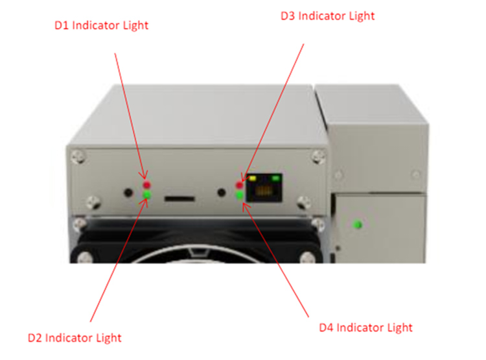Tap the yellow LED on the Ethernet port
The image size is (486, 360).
(253, 178)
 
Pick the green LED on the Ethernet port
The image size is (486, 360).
(277, 178)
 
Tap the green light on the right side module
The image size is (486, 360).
(356, 226)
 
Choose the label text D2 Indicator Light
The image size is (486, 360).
(75, 338)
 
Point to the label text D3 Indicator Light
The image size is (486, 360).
(327, 15)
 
